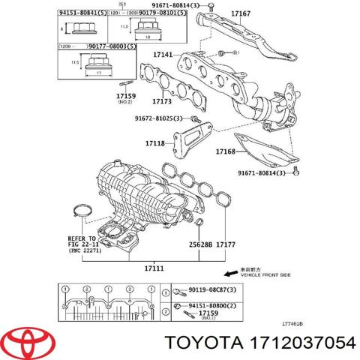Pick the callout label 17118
click(155, 142)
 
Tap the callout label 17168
click(226, 152)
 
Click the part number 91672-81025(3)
click(160, 118)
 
